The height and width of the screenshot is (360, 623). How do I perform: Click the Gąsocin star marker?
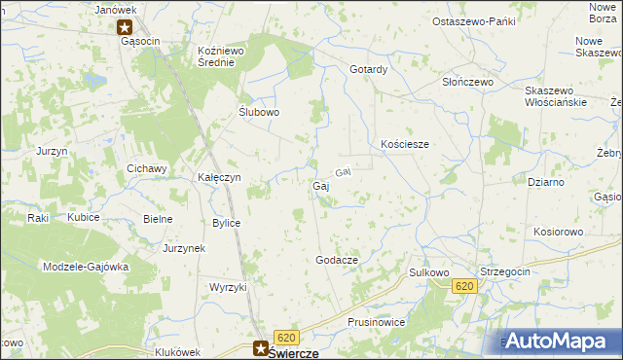coord(125,28)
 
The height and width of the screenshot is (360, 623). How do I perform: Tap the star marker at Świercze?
coord(261,344)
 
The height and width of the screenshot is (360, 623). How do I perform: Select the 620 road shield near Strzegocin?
coord(464,285)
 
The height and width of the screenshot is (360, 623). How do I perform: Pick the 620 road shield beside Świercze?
coord(285,336)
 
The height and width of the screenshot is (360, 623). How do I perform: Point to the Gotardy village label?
coord(369,70)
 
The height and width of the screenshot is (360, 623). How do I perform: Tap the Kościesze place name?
coord(405,144)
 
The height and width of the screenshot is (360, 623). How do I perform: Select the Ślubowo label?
coord(260,112)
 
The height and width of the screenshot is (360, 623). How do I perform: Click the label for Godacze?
coord(337,261)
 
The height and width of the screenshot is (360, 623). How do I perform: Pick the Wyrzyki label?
coord(229,287)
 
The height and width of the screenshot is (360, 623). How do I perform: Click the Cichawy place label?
coord(148,168)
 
